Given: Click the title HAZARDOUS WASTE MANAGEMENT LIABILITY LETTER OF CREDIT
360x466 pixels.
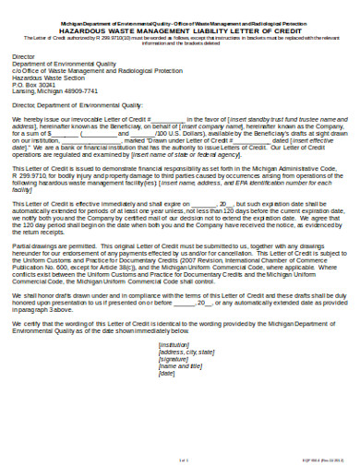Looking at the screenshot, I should tap(180, 30).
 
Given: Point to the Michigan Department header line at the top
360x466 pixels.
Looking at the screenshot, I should tap(180, 22).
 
